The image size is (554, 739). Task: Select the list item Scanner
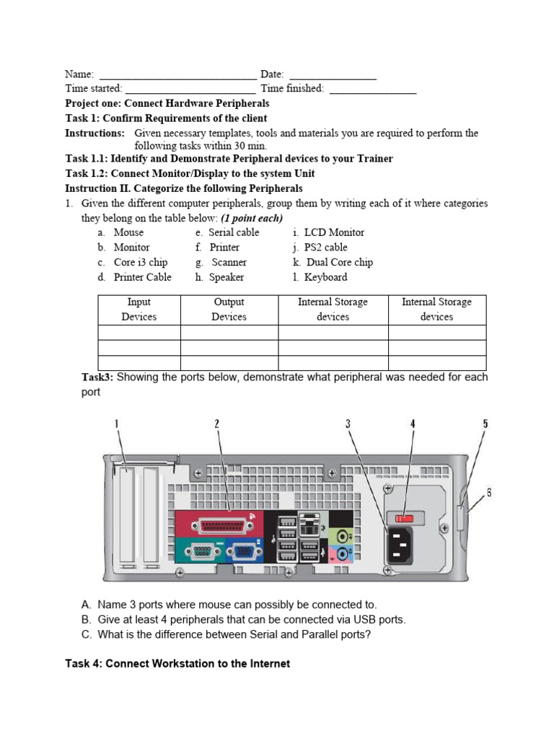tap(229, 262)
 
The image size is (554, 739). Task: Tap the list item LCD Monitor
tap(333, 232)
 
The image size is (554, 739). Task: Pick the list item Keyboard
tap(325, 277)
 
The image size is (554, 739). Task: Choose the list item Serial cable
tap(233, 232)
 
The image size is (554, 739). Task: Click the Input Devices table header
tap(138, 310)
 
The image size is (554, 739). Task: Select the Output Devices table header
tap(229, 310)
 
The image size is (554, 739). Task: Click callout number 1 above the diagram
tap(117, 424)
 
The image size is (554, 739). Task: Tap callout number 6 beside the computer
tap(489, 493)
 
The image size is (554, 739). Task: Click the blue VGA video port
tap(243, 553)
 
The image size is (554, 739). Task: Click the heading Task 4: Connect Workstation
tap(177, 663)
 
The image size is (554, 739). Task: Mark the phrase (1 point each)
tap(252, 218)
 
